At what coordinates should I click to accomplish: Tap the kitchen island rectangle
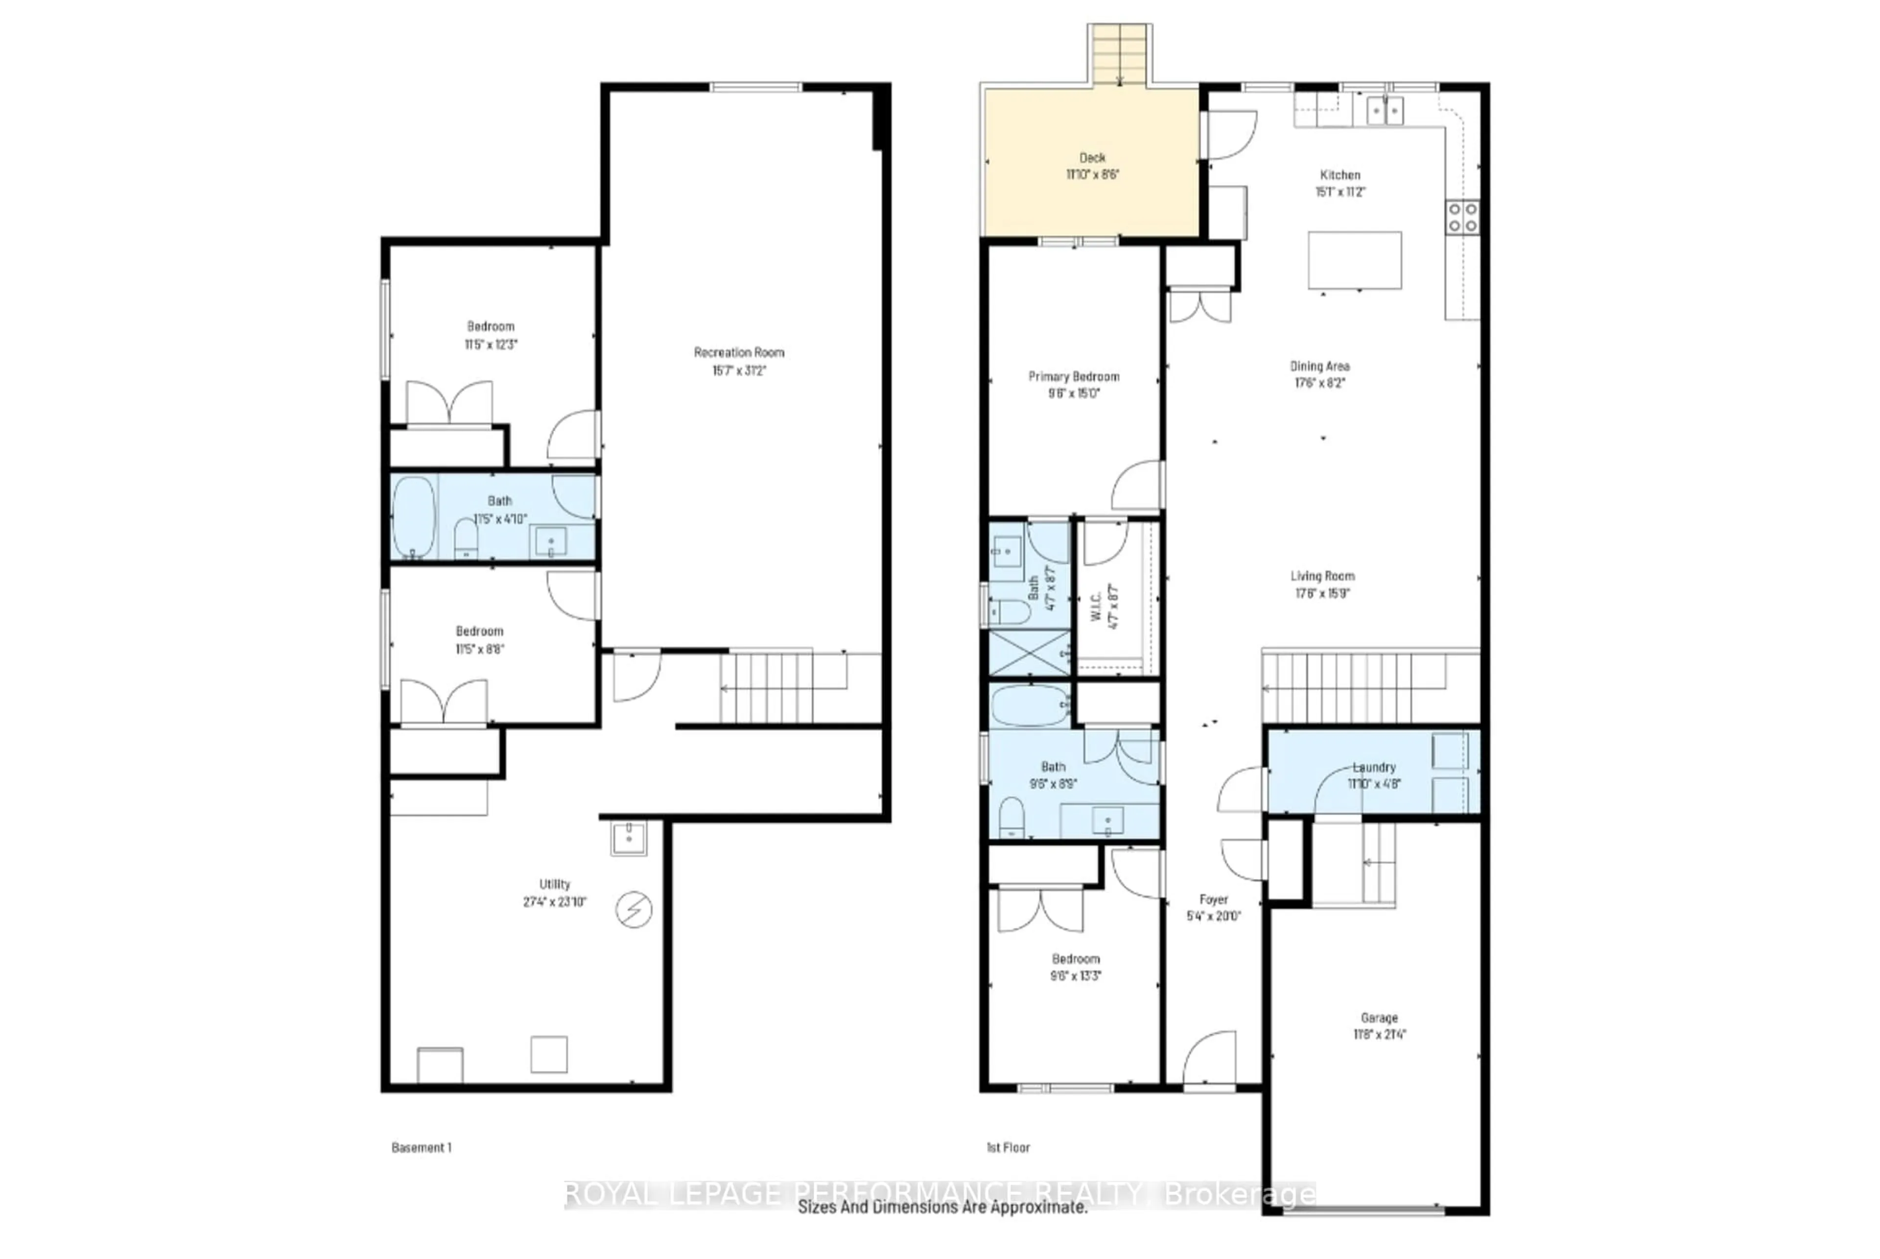pyautogui.click(x=1354, y=260)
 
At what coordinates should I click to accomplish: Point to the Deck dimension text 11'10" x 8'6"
pyautogui.click(x=1092, y=174)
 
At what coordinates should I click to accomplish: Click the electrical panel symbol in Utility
pyautogui.click(x=633, y=909)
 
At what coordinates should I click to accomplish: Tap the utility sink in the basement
pyautogui.click(x=628, y=838)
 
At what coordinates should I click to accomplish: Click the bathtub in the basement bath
pyautogui.click(x=414, y=517)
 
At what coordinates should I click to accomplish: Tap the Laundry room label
pyautogui.click(x=1374, y=767)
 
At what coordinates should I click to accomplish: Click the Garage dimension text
pyautogui.click(x=1379, y=1034)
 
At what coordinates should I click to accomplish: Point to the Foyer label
pyautogui.click(x=1214, y=899)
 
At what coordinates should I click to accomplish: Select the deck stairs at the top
pyautogui.click(x=1120, y=54)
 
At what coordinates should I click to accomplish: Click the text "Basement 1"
pyautogui.click(x=421, y=1147)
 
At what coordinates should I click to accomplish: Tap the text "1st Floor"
pyautogui.click(x=1008, y=1147)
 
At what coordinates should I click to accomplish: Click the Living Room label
pyautogui.click(x=1322, y=576)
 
